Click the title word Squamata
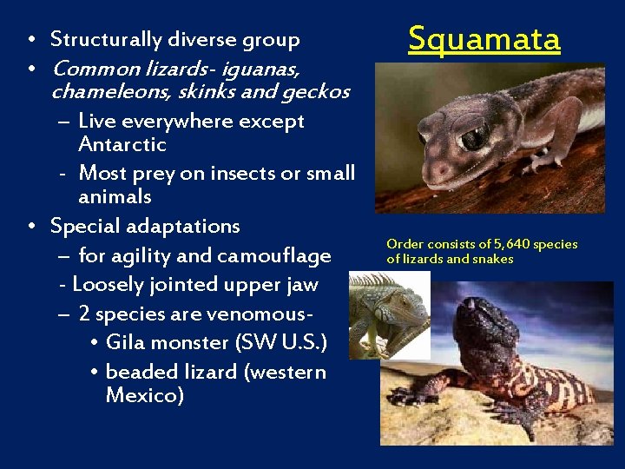coord(484,39)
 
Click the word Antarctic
coord(122,144)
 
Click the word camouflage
coord(276,255)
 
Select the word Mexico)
coord(144,396)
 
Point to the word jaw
coord(300,285)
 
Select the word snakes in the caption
coord(494,259)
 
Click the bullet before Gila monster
coord(93,343)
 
